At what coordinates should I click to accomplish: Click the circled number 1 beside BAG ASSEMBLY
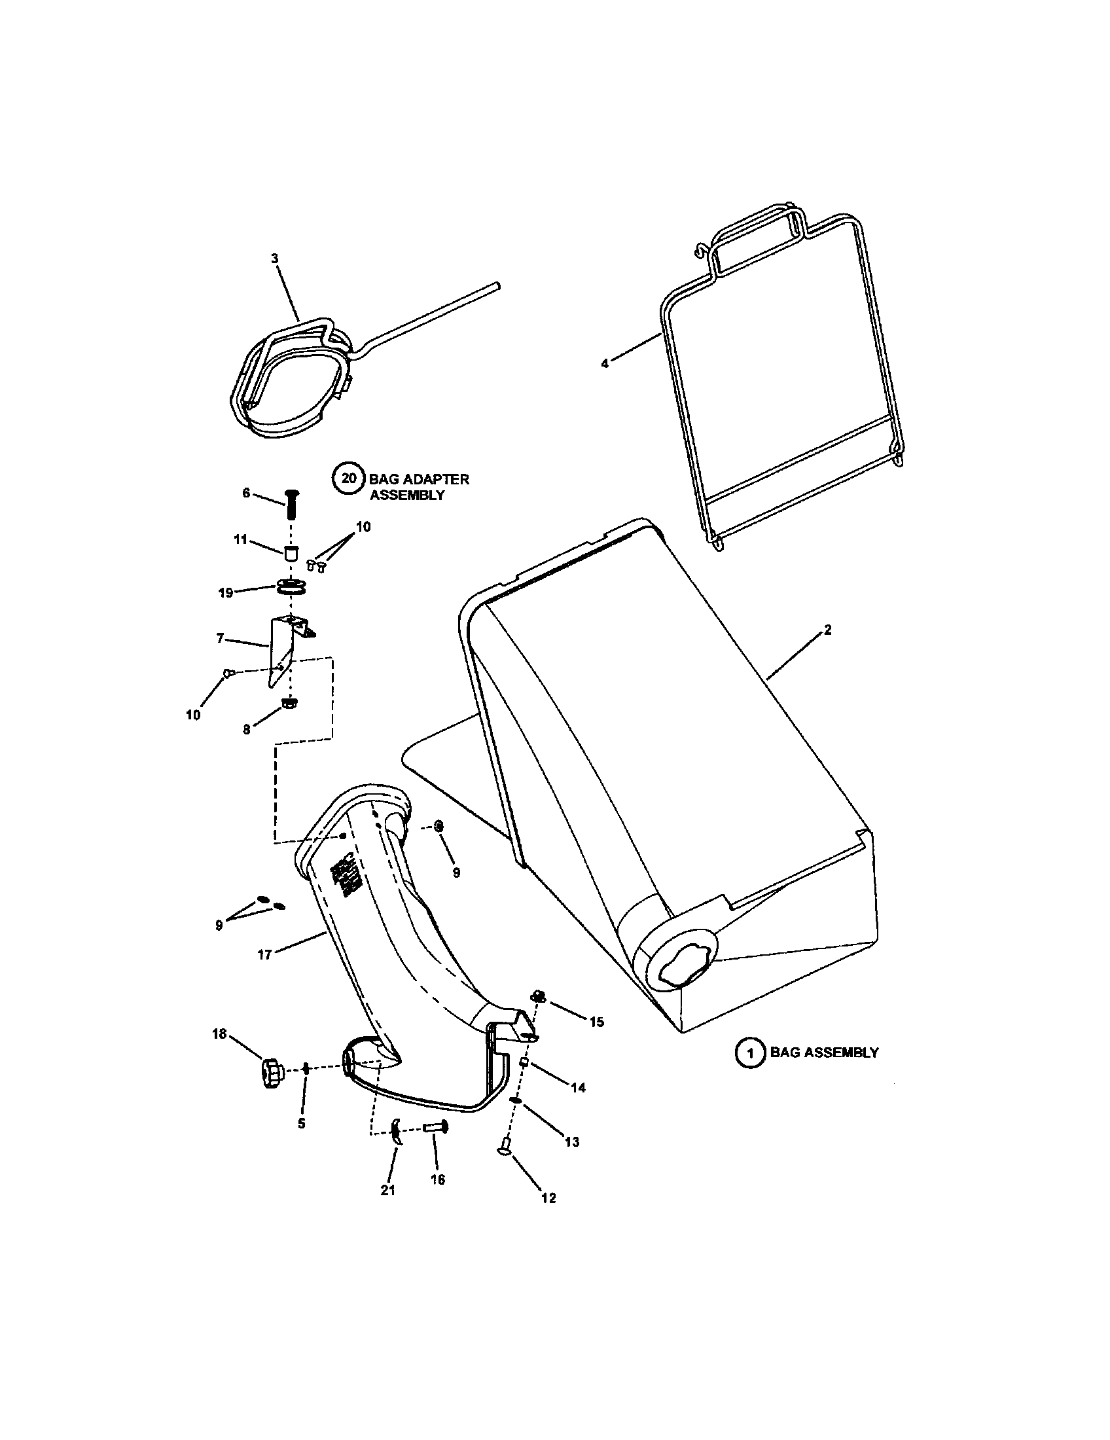(x=750, y=1053)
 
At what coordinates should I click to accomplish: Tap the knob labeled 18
(x=270, y=1073)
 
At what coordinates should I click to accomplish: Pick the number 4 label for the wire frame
(x=605, y=363)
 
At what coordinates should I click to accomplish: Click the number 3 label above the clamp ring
(x=275, y=259)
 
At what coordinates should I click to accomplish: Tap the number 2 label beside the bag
(x=827, y=630)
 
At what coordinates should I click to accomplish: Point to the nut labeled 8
(x=289, y=704)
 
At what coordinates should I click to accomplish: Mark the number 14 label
(x=578, y=1089)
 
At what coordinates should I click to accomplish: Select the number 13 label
(x=572, y=1142)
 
